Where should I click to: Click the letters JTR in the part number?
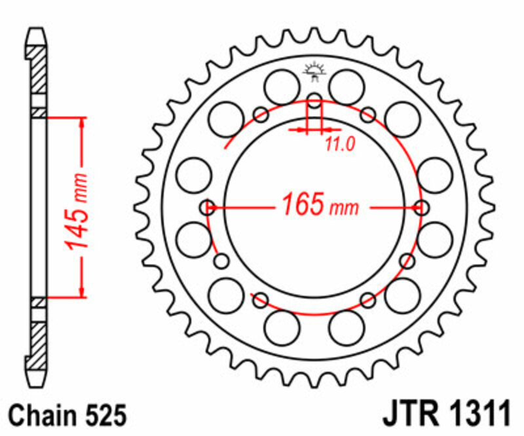coord(410,415)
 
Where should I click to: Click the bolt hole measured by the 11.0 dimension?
coord(315,101)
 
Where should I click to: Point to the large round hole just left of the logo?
coord(282,86)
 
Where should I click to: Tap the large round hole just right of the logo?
coord(346,86)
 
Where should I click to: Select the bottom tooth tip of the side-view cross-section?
coord(37,383)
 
